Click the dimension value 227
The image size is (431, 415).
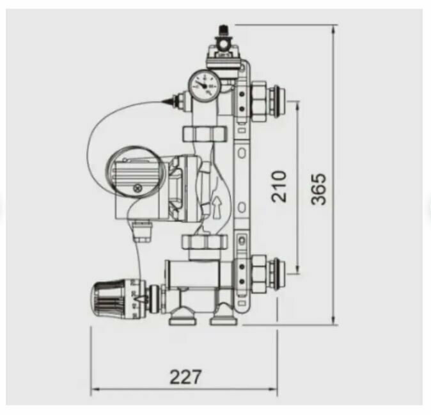[x=186, y=377]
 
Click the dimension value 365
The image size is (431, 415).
[x=319, y=189]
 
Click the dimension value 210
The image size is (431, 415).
[x=279, y=186]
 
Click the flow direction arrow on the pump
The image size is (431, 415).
[x=217, y=207]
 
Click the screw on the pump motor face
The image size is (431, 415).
[x=137, y=188]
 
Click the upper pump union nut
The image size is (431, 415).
[x=205, y=134]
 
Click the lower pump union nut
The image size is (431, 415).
[x=205, y=242]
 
